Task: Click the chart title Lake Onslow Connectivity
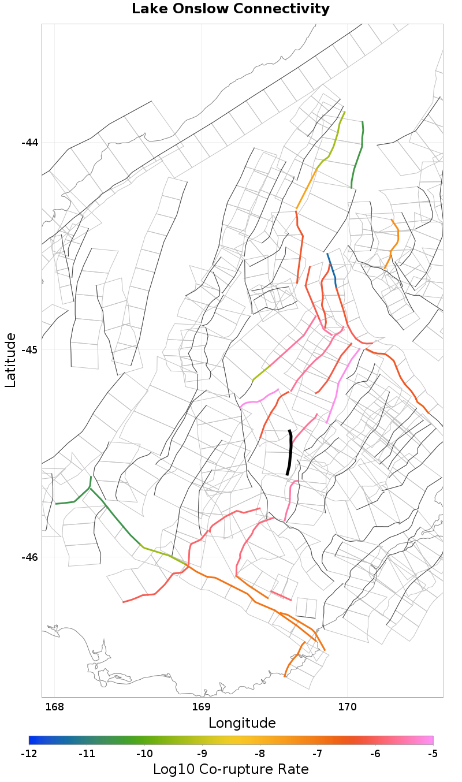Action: [x=230, y=9]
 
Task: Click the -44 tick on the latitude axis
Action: [x=29, y=143]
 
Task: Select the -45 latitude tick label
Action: [x=29, y=350]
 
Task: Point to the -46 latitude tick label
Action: [x=29, y=557]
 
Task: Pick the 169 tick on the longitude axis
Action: [x=201, y=707]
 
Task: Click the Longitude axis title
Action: [x=242, y=723]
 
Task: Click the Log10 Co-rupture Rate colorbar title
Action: [x=230, y=769]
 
